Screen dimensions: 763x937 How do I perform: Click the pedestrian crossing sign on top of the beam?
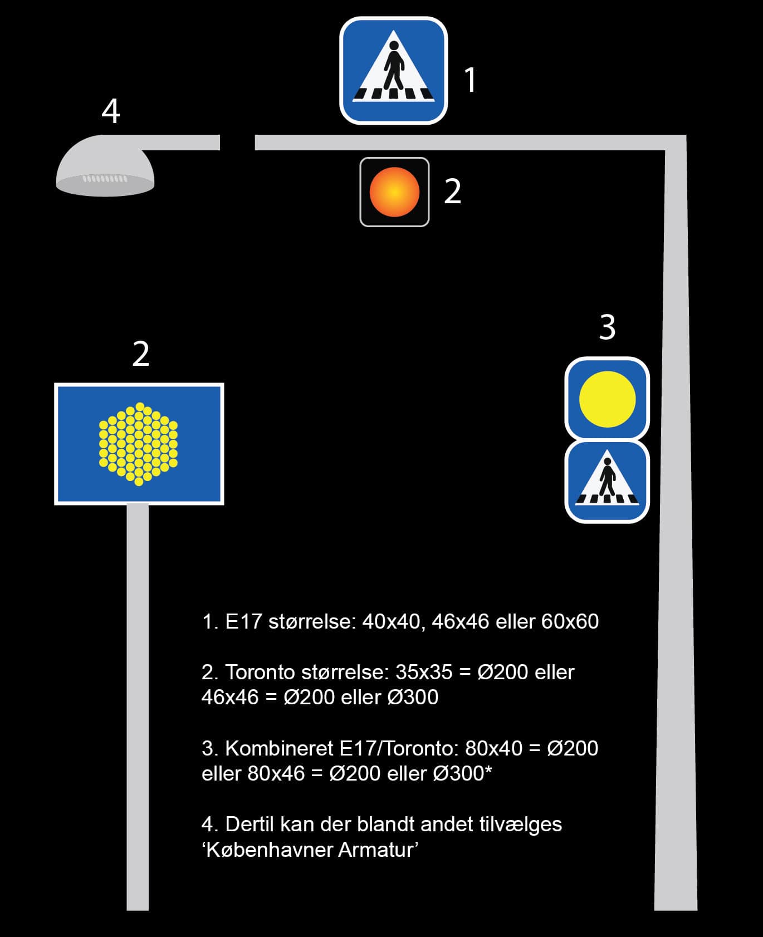[393, 70]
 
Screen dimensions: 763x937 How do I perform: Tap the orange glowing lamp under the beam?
[394, 192]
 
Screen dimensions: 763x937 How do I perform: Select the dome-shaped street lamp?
[105, 166]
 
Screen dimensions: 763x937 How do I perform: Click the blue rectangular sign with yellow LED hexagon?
[139, 444]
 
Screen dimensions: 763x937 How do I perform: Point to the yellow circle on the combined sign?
[607, 399]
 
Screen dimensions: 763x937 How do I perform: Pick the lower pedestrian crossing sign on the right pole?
[607, 482]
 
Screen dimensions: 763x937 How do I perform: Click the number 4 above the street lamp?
[111, 111]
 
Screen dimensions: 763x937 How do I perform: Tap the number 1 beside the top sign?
[471, 80]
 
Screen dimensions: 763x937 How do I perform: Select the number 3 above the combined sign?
[607, 327]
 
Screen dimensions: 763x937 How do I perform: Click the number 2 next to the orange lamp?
[452, 192]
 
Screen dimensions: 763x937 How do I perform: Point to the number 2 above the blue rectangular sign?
[141, 354]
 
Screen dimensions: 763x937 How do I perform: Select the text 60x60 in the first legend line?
[570, 621]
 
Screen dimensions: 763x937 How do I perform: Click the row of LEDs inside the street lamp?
[105, 179]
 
